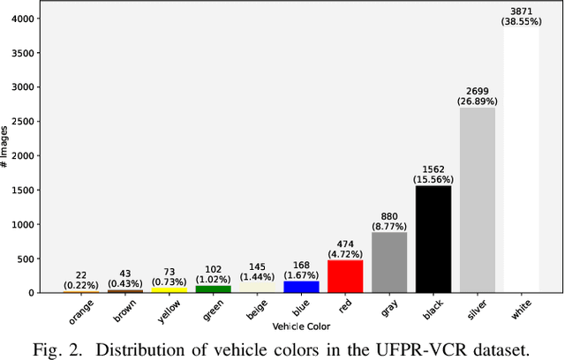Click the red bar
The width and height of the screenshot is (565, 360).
coord(344,275)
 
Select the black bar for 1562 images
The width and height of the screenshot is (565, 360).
coord(433,238)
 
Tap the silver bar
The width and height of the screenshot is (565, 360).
coord(477,199)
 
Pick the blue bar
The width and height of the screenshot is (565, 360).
coord(301,287)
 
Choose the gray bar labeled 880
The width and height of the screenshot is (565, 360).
coord(388,262)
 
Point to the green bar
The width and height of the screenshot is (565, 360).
coord(213,289)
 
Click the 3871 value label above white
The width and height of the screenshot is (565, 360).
coord(521,11)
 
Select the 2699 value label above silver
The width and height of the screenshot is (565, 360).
coord(477,91)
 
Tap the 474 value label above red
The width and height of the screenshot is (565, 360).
coord(344,243)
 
